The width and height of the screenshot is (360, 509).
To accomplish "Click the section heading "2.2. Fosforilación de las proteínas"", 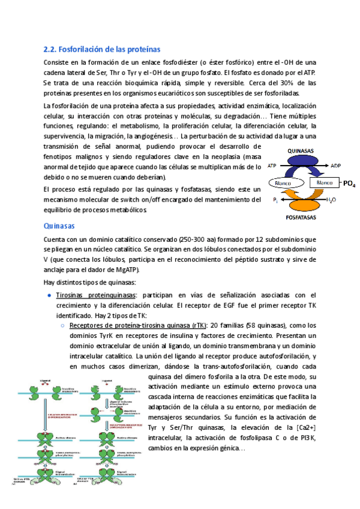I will point(102,49).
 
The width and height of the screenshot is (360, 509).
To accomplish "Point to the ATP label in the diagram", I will point(272,163).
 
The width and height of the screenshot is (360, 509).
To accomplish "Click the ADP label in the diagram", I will point(336,163).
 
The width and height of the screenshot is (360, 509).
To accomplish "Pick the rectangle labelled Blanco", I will point(324,182).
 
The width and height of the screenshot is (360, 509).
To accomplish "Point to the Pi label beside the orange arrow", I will point(275,199).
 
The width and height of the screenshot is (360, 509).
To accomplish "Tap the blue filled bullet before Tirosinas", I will point(49,295).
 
